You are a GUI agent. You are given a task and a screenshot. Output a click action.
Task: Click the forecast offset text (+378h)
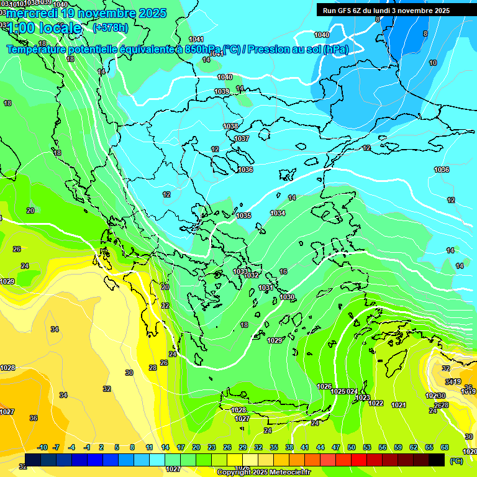(111, 27)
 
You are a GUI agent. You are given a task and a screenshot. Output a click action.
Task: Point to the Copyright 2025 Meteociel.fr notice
(263, 473)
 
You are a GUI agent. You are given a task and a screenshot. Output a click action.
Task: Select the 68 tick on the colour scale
(445, 447)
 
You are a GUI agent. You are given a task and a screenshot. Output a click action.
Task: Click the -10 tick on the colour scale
(42, 447)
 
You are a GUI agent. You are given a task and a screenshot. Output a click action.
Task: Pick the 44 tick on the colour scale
(320, 447)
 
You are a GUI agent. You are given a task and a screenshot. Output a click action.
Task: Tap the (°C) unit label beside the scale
(456, 461)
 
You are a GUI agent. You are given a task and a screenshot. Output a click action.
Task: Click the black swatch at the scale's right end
(437, 460)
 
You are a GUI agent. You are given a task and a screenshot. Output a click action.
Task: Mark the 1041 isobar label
(196, 40)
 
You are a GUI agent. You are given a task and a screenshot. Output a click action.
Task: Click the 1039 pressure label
(222, 91)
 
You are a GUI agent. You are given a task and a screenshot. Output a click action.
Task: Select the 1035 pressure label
(243, 216)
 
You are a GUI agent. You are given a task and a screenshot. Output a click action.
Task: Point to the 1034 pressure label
(278, 213)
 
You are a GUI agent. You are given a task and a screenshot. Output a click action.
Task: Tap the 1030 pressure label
(287, 298)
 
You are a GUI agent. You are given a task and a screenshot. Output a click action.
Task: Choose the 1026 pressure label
(324, 386)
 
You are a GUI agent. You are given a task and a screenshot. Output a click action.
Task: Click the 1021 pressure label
(398, 405)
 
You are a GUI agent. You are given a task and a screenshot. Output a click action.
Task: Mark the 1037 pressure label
(242, 139)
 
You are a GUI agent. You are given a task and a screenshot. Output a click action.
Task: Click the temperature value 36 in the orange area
(34, 418)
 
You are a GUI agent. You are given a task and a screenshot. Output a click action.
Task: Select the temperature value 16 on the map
(283, 271)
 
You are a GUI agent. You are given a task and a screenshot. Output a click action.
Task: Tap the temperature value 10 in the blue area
(433, 63)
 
